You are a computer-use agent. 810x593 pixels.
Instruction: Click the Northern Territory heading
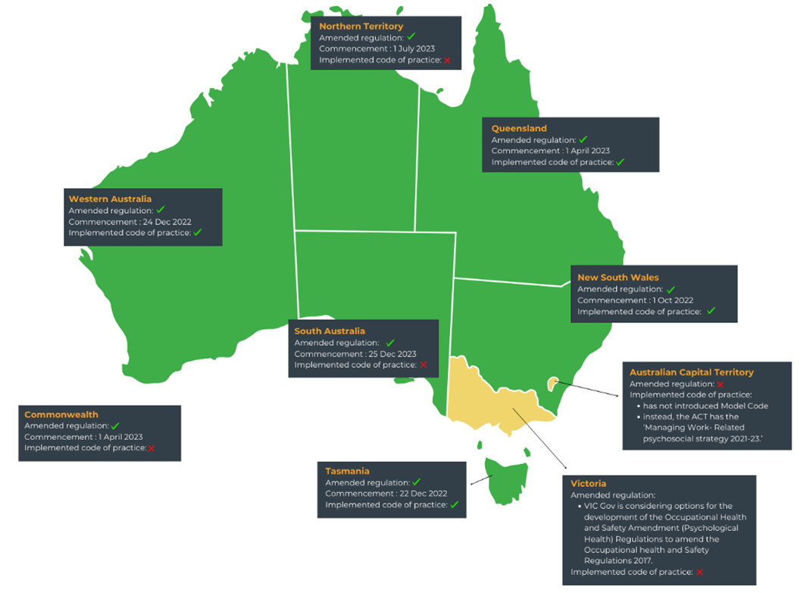[361, 27]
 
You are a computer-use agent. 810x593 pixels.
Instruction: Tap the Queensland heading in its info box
[518, 128]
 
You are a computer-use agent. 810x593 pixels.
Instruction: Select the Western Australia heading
[110, 199]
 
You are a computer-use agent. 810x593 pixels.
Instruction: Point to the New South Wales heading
[618, 278]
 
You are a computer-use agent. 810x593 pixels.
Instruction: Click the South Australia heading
[330, 331]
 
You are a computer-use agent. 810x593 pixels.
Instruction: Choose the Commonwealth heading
[61, 415]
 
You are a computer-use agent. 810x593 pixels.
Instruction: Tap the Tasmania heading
[347, 471]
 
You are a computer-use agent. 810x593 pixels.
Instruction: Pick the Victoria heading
[588, 483]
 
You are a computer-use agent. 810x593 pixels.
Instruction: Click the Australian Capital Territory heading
[691, 372]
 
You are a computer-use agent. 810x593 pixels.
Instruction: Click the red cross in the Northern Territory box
[447, 60]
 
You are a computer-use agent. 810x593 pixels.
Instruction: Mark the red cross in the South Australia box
[424, 365]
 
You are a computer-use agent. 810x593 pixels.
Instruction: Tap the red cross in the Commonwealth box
[152, 448]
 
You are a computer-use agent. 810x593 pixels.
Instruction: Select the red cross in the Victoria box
[699, 573]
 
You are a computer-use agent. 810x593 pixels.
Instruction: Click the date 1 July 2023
[414, 49]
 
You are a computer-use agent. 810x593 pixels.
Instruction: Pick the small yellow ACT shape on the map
[553, 384]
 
